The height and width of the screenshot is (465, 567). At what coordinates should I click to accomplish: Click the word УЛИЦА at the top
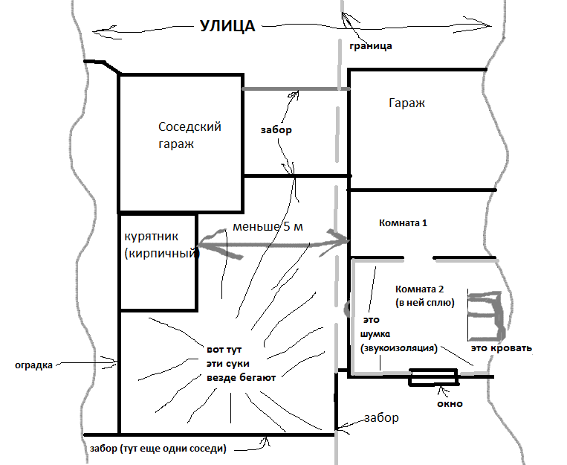pos(228,26)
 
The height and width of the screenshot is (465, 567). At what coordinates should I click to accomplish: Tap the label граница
pos(371,46)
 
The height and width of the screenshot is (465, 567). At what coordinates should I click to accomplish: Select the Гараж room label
pos(406,103)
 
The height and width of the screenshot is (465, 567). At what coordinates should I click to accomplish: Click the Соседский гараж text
pos(189,135)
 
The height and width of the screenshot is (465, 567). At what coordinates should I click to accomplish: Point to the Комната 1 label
pos(403,222)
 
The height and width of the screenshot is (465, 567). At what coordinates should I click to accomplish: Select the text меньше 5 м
pos(268,227)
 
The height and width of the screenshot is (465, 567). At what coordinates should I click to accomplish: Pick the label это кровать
pos(501,348)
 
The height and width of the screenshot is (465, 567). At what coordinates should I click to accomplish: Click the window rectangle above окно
pos(433,377)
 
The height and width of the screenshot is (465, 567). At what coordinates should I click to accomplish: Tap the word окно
pos(450,403)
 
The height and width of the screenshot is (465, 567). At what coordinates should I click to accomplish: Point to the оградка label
pos(33,365)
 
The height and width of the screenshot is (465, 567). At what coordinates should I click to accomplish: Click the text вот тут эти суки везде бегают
pos(242,364)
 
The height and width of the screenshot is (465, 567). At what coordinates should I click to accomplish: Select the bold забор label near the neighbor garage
pos(276,129)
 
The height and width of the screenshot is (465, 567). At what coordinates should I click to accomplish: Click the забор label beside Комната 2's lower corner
pos(381,417)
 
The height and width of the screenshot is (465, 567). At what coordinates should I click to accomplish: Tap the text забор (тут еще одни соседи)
pos(158,449)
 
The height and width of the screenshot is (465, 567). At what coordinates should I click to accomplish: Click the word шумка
pos(375,334)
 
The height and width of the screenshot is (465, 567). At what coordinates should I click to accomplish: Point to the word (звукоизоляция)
pos(399,348)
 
